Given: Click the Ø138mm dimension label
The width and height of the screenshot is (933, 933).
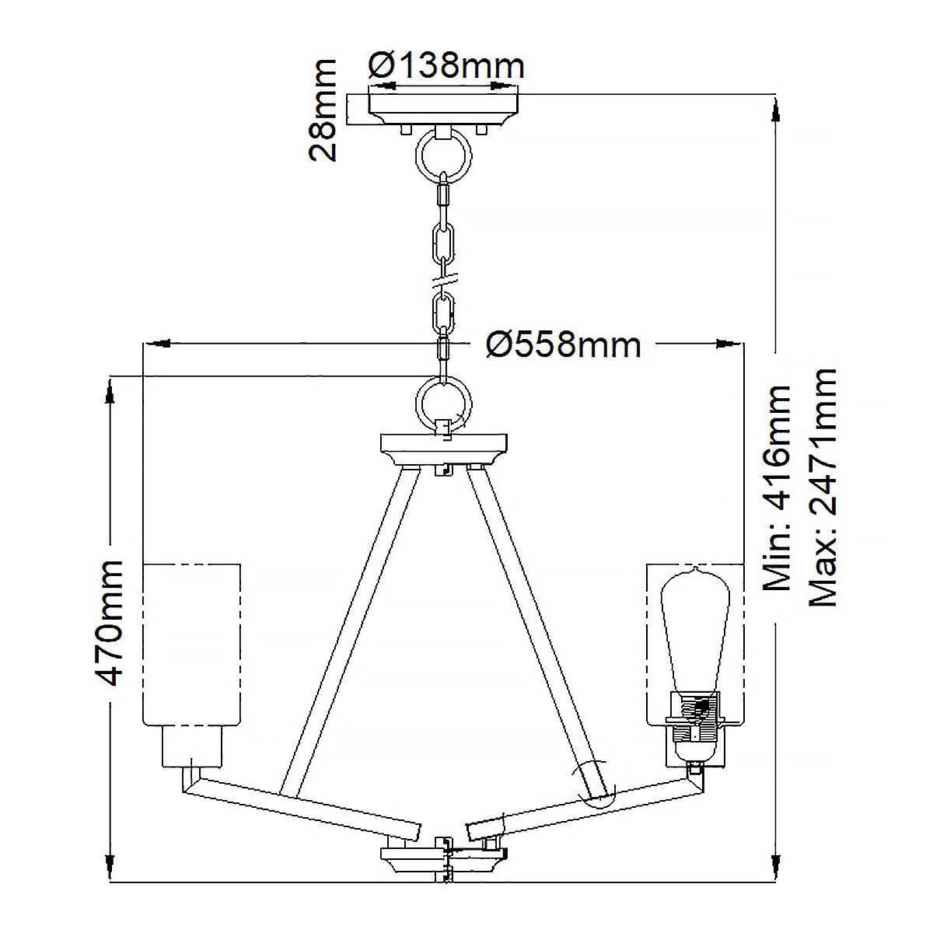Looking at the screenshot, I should coord(446,66).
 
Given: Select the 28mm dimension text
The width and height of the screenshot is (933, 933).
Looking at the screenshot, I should coord(322,109).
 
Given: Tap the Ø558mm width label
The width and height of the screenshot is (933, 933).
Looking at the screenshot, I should coord(563,344).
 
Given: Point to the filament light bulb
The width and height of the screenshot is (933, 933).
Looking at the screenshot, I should coord(694,630).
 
